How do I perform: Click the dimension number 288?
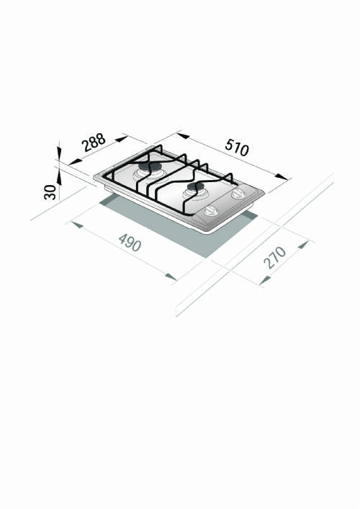coord(94,143)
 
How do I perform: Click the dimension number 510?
coord(236,147)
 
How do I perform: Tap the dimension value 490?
coord(130,243)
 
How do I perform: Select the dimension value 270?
coord(274,257)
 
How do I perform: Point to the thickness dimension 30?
coord(50,192)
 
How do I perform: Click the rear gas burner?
coord(151,170)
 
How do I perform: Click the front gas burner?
coord(194,189)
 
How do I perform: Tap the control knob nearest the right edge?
coord(235,194)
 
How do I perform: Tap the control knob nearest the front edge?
coord(211,210)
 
